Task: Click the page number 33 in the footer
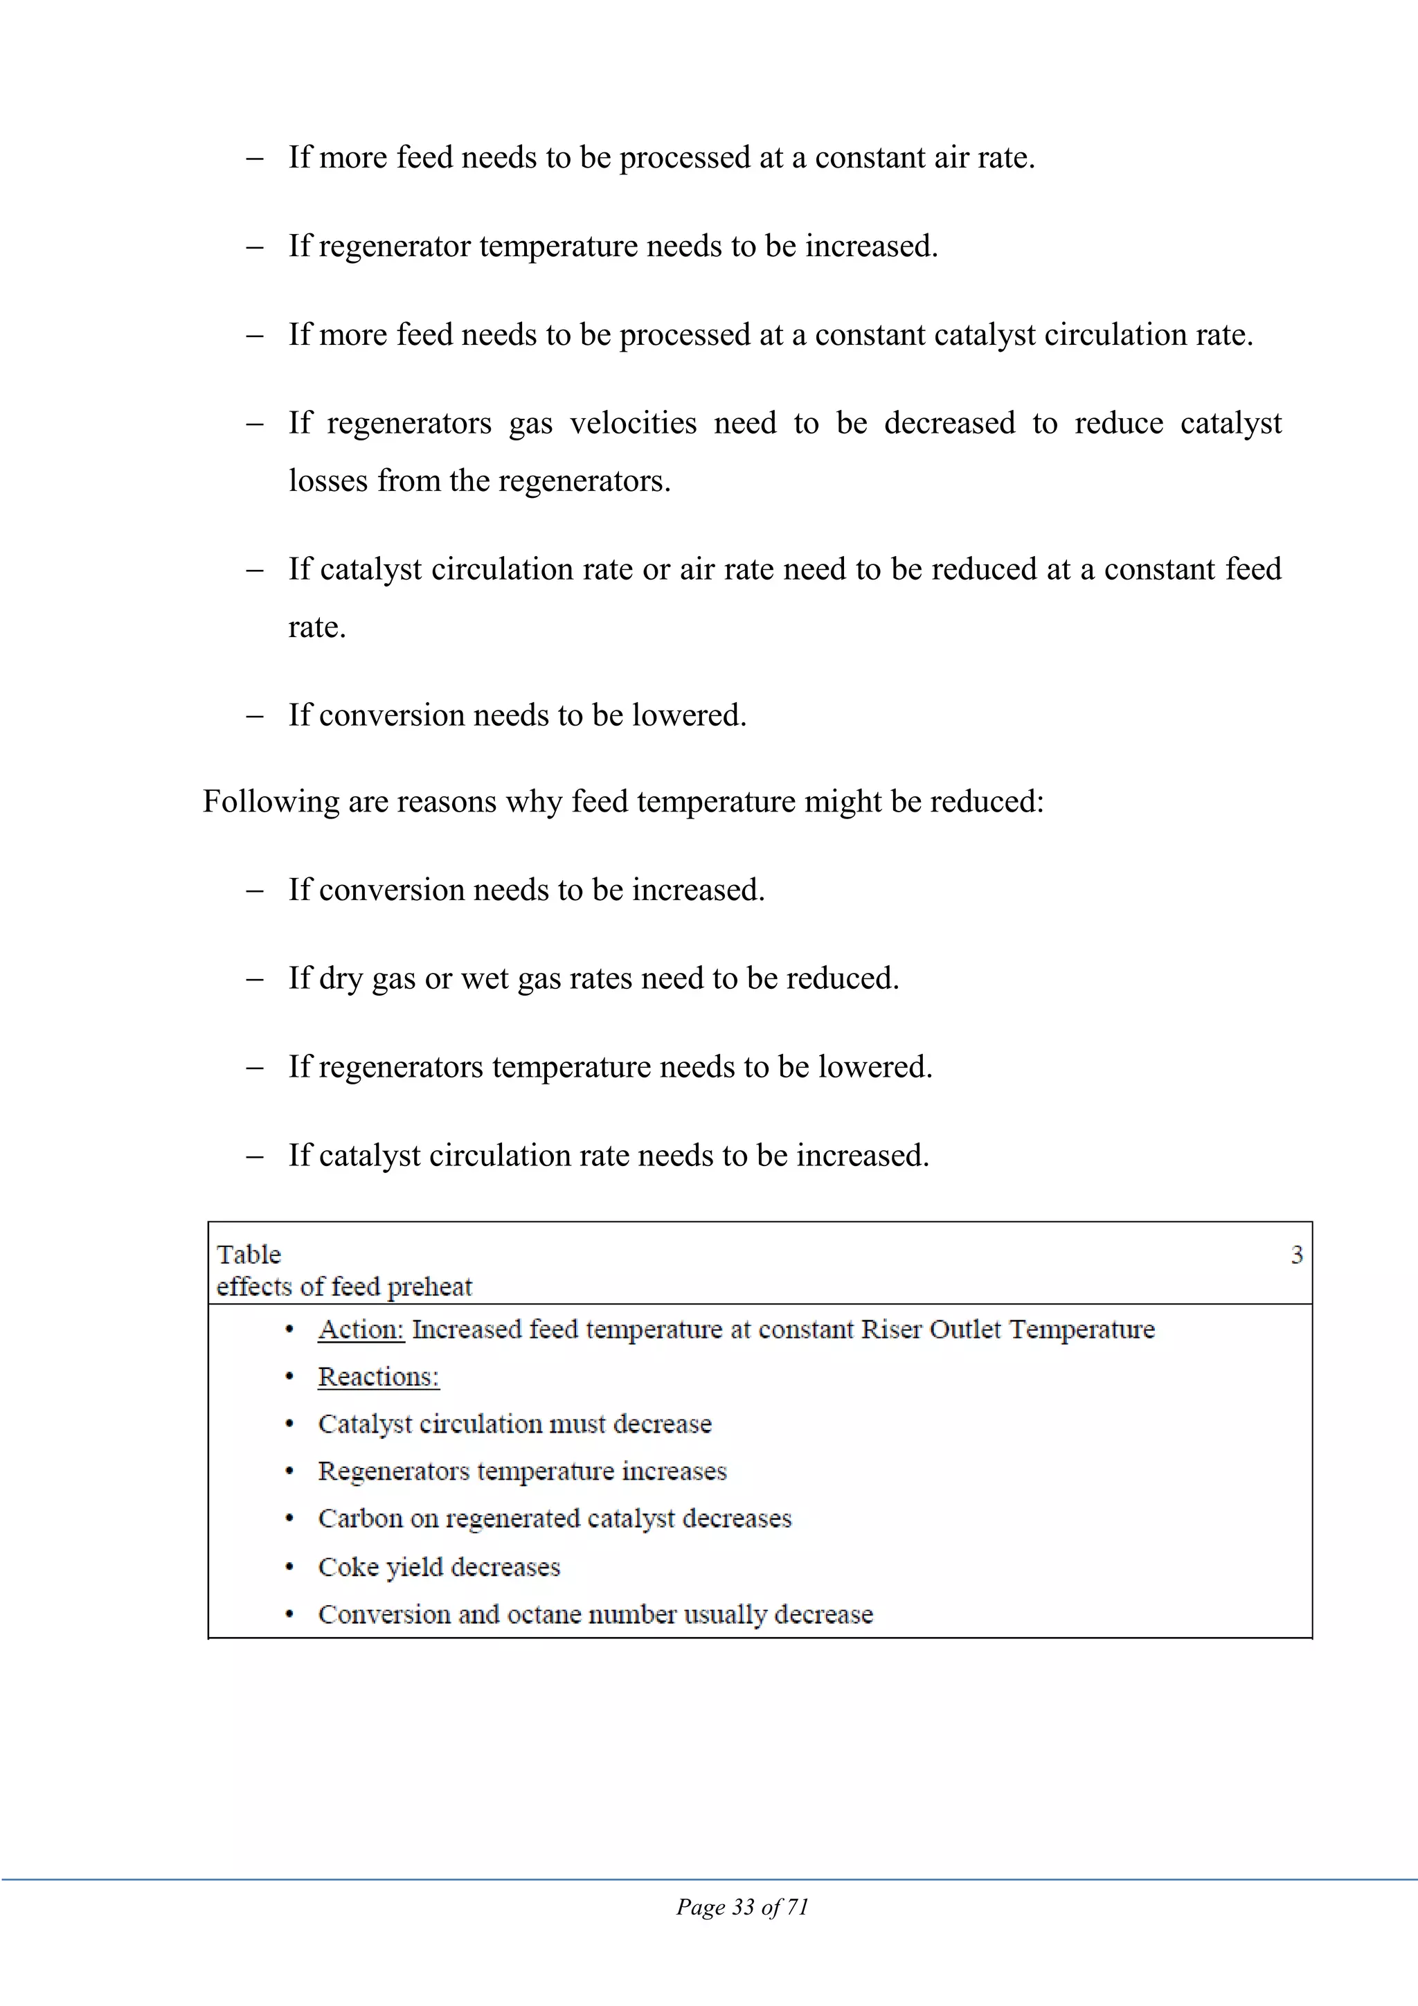744,1906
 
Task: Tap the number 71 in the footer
797,1906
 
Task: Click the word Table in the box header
249,1255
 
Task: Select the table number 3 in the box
1297,1255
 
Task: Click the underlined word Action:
361,1329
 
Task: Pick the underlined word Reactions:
378,1376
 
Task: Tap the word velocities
634,423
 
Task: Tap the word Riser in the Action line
891,1329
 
